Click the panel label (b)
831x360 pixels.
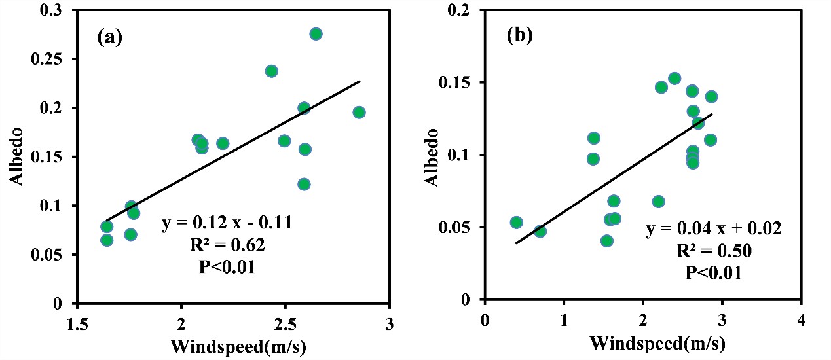pos(519,37)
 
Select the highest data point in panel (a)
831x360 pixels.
pos(316,34)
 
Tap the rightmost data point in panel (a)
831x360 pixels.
pos(359,113)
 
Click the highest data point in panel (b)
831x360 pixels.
pos(674,79)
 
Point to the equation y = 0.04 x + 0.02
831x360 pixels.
pos(714,229)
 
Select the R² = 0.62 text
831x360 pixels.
pos(227,246)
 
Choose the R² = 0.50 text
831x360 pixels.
pos(714,251)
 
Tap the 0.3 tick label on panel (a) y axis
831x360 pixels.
pos(56,10)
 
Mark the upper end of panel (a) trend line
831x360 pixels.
pos(360,82)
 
